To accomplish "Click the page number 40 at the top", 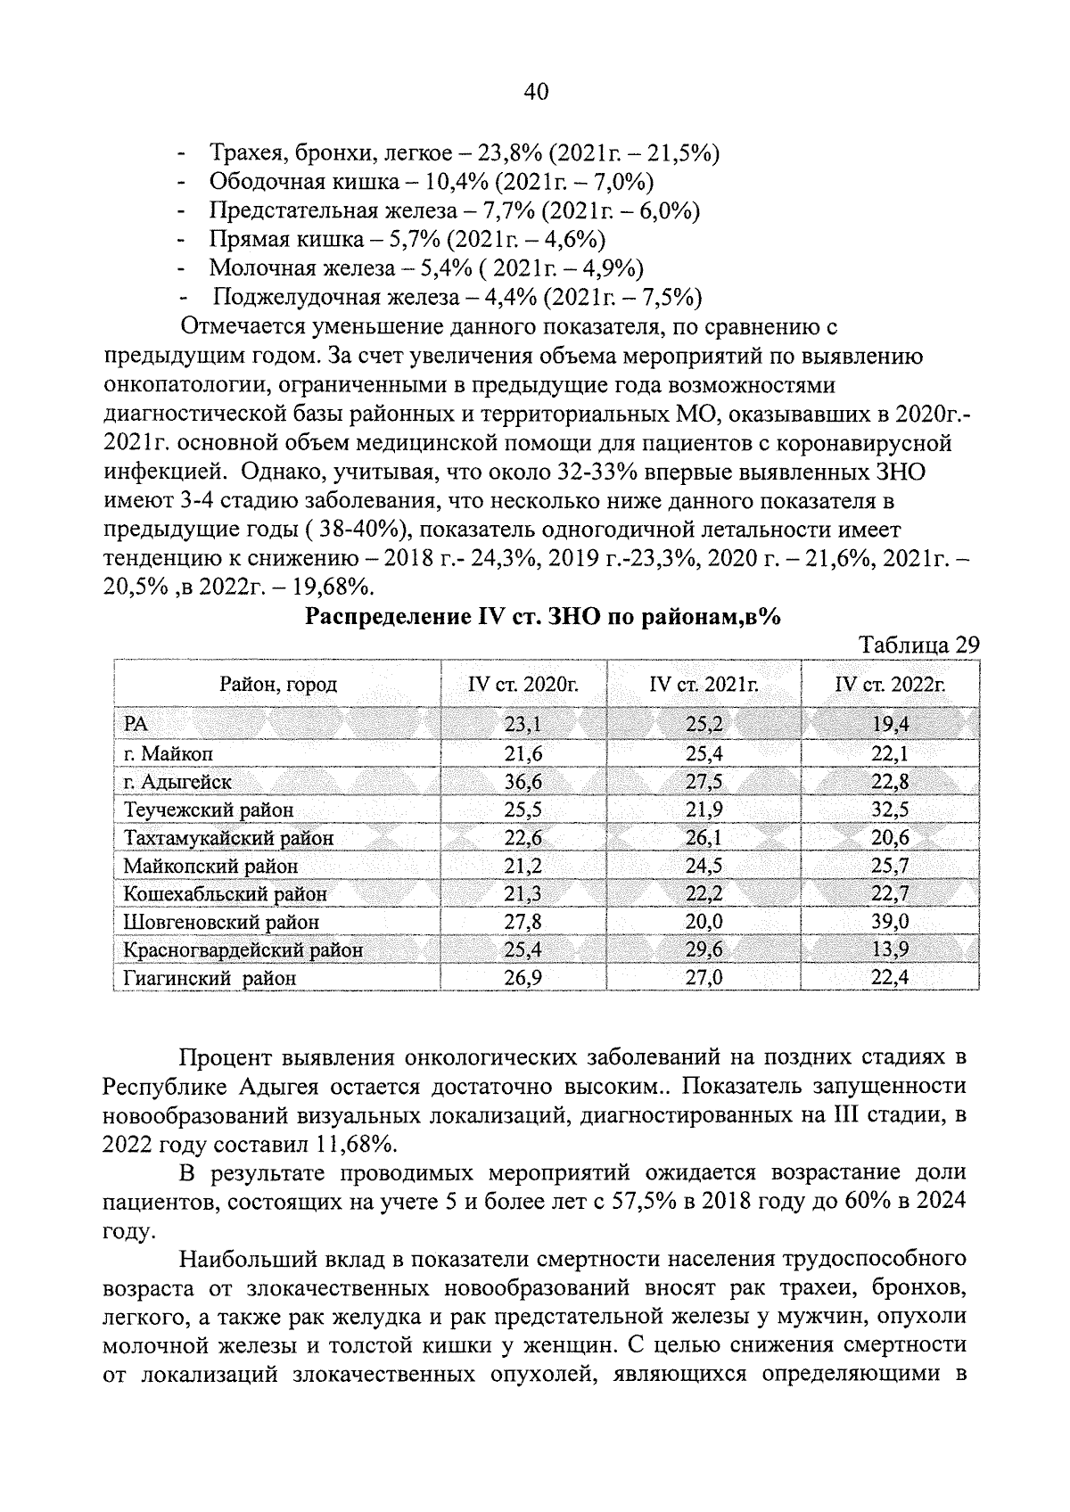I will [535, 92].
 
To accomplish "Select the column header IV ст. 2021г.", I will [704, 685].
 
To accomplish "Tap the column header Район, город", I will [278, 685].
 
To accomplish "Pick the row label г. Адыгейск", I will [178, 782].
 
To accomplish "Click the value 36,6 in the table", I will [523, 782].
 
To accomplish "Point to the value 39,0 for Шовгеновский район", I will [890, 922].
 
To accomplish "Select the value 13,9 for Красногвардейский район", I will [890, 949].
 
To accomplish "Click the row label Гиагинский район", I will [210, 978].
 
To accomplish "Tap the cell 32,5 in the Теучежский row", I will [890, 809].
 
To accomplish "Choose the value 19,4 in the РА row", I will [890, 725].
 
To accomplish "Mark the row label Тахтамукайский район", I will [229, 838].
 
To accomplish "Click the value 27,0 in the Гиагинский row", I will [704, 978].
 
